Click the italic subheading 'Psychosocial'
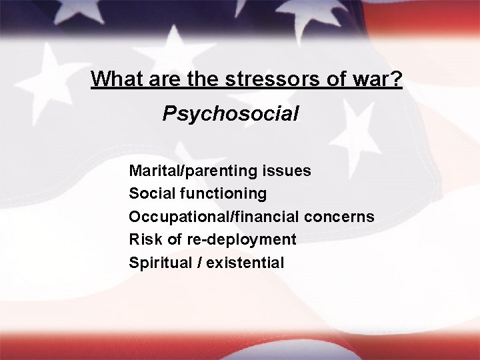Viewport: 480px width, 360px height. coord(230,114)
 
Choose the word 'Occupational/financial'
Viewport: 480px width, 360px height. coord(214,217)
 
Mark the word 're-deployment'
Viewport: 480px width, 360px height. coord(254,239)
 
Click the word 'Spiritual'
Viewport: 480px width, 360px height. coord(160,263)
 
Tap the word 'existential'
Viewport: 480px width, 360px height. coord(245,263)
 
